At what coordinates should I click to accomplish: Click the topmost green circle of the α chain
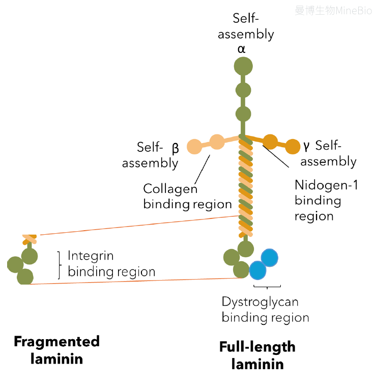point(243,66)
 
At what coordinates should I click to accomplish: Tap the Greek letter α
point(241,49)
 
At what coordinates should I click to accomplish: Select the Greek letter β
point(176,149)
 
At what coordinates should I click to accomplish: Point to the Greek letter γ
point(306,146)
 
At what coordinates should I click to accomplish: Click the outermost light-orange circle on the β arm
point(194,147)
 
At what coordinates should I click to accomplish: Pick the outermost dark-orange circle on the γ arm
point(293,147)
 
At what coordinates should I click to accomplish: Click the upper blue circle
point(270,258)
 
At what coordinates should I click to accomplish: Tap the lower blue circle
point(257,270)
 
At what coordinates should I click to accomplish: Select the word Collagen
point(170,189)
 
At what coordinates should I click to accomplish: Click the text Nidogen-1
point(326,185)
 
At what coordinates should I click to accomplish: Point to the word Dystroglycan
point(260,302)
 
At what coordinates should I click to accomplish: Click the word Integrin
point(91,256)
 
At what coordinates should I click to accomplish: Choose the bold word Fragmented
point(56,342)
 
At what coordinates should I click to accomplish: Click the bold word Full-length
point(257,347)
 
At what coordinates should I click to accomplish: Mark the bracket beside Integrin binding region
point(59,265)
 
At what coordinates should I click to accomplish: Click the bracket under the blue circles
point(267,287)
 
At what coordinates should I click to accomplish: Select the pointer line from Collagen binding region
point(202,170)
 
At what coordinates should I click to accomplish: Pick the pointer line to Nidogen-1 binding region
point(276,156)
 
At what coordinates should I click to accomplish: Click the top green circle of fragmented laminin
point(30,256)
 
